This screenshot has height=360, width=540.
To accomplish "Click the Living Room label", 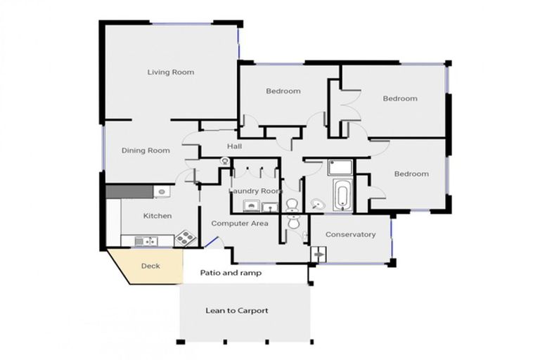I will [x=170, y=72].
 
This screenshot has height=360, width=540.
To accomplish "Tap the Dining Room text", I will [x=146, y=150].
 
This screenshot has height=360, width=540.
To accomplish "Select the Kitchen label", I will [x=157, y=216].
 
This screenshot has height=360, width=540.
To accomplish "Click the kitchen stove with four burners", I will [x=184, y=238].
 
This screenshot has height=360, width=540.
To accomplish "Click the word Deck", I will [x=150, y=266].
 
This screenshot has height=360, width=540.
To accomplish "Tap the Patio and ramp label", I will [x=231, y=273].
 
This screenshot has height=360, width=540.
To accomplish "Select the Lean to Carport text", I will [x=236, y=310].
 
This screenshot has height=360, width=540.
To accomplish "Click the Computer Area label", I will [x=240, y=223].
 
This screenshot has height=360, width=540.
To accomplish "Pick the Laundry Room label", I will [x=255, y=191].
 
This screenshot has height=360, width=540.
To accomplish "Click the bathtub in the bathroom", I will [x=342, y=195].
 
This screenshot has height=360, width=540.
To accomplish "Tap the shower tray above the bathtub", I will [x=339, y=167].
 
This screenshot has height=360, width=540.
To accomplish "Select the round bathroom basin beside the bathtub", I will [x=318, y=205].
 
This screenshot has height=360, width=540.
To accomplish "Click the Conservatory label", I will [x=350, y=234].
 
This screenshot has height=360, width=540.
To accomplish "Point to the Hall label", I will [x=234, y=146].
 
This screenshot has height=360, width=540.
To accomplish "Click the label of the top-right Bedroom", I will [x=399, y=98].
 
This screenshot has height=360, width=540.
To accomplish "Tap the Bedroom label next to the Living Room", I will [x=283, y=91].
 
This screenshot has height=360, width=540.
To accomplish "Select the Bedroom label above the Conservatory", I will [x=411, y=174].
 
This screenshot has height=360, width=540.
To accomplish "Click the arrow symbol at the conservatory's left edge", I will [x=318, y=254].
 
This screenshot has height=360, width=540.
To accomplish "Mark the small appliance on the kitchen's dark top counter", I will [x=161, y=191].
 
